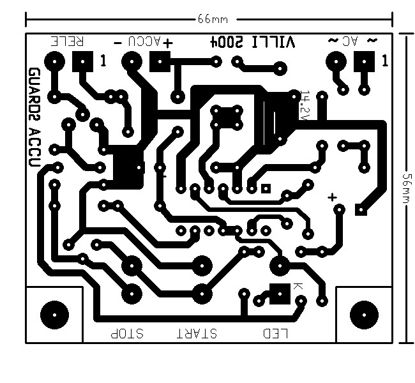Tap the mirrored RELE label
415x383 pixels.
68,41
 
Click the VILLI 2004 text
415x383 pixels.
253,42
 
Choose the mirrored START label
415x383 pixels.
197,333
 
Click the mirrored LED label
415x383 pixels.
276,333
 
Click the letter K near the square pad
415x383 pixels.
298,287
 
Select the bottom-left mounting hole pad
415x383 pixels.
54,313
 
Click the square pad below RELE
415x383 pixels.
82,63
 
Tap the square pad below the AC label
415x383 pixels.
364,63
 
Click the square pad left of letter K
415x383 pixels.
278,293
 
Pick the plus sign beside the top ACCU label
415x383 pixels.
168,43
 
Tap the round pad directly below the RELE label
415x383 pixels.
55,63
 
